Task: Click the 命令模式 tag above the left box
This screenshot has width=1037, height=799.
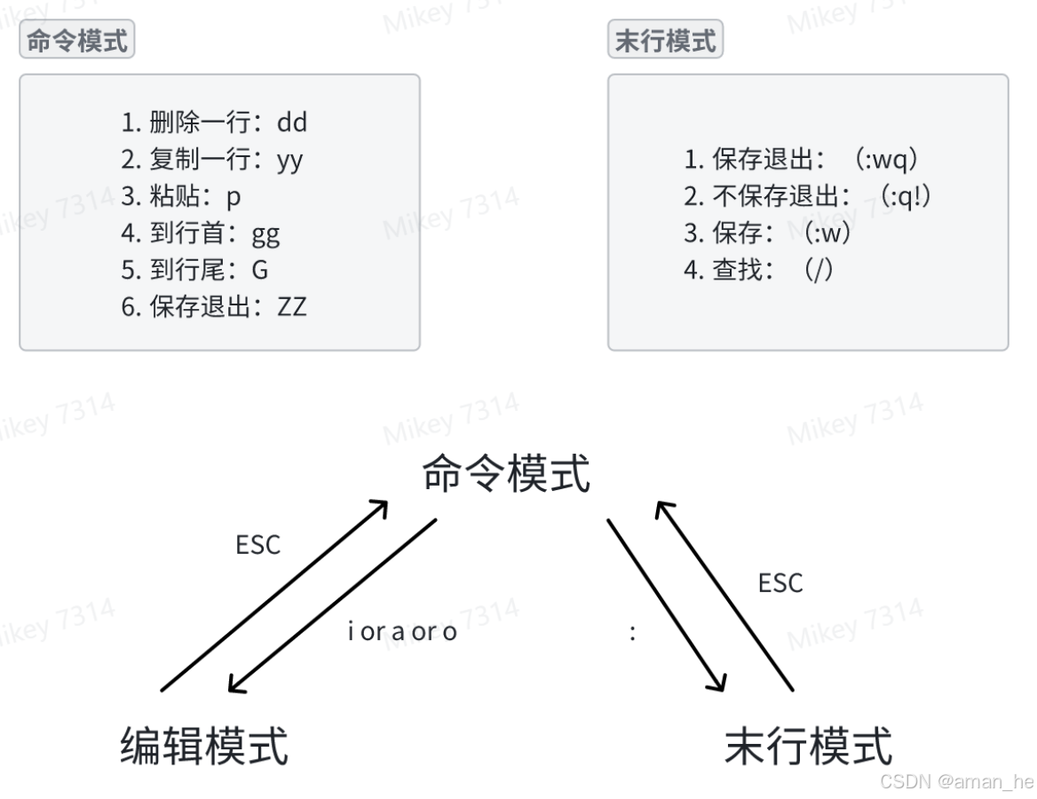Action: pyautogui.click(x=76, y=41)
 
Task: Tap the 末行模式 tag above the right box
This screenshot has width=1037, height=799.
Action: pyautogui.click(x=665, y=41)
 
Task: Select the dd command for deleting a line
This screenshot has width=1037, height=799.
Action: pyautogui.click(x=292, y=122)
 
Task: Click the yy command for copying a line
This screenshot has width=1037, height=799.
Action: pyautogui.click(x=289, y=160)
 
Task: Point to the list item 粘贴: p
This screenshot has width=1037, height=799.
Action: pyautogui.click(x=181, y=196)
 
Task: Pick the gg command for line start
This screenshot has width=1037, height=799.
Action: pyautogui.click(x=265, y=233)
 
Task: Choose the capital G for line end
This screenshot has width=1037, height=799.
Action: pyautogui.click(x=259, y=270)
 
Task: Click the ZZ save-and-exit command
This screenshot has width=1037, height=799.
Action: pyautogui.click(x=291, y=307)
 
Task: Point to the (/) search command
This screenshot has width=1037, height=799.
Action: pyautogui.click(x=818, y=270)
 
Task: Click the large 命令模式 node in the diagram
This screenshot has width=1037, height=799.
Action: pyautogui.click(x=506, y=473)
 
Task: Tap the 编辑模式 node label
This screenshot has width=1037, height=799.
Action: pyautogui.click(x=204, y=746)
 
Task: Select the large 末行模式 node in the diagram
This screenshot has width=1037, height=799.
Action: pyautogui.click(x=808, y=746)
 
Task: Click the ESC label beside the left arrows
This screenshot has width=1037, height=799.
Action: pyautogui.click(x=257, y=545)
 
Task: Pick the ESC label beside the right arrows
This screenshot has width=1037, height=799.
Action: pyautogui.click(x=780, y=583)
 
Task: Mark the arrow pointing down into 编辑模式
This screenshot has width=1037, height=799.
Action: pyautogui.click(x=332, y=605)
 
